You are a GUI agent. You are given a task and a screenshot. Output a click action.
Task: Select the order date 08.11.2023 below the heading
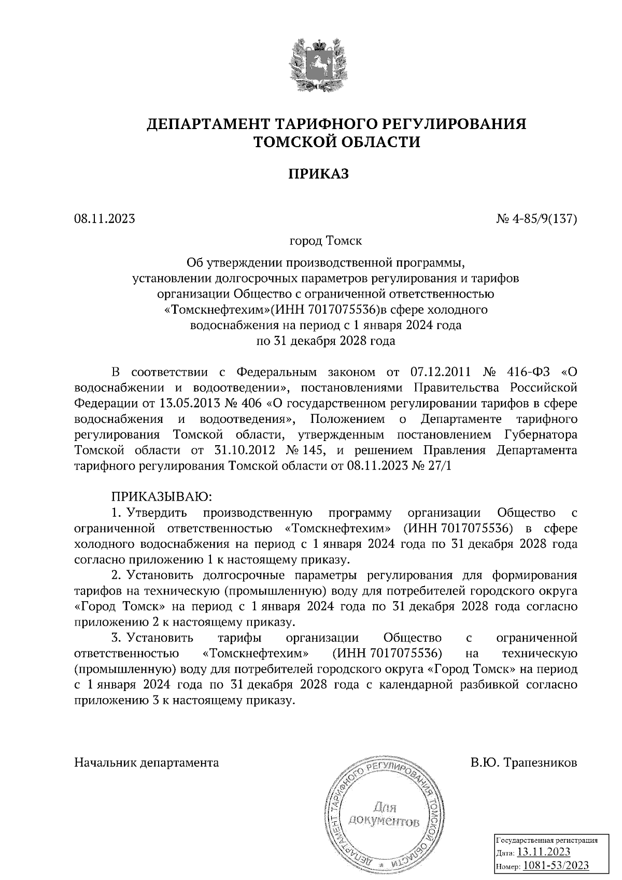point(105,219)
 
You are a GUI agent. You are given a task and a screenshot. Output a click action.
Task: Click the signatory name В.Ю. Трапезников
point(524,763)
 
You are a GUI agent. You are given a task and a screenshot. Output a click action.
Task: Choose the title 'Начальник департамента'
point(147,763)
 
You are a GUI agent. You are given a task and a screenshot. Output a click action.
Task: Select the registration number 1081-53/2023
point(556,865)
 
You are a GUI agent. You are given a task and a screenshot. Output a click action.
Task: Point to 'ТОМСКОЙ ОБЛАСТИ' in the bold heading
point(336,141)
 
